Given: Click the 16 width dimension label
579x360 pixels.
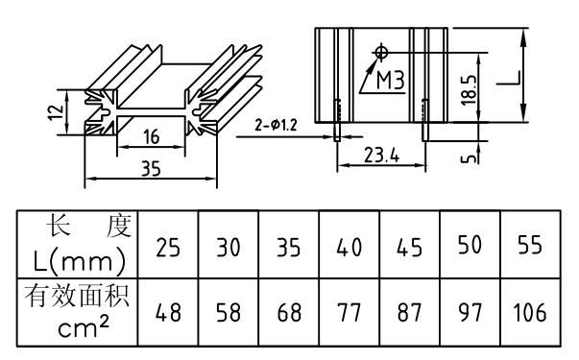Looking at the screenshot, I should (x=151, y=138).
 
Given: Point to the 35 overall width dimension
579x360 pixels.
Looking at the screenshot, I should (x=150, y=169).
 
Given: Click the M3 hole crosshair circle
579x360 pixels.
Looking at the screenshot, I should (x=383, y=49).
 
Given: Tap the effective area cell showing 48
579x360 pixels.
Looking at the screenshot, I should (x=167, y=312).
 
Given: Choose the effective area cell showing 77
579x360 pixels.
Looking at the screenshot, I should (x=350, y=312).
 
